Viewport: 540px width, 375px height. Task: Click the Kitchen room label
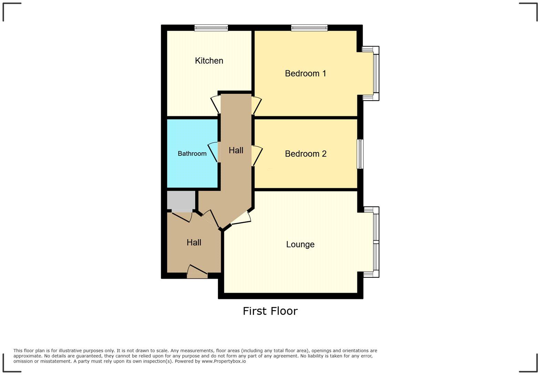pyautogui.click(x=209, y=61)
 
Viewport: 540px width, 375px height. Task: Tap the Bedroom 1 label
pyautogui.click(x=305, y=73)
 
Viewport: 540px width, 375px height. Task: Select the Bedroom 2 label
pyautogui.click(x=305, y=154)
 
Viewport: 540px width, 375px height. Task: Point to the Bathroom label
pyautogui.click(x=192, y=154)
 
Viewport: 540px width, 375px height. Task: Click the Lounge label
pyautogui.click(x=300, y=244)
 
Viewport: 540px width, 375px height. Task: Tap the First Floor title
pyautogui.click(x=270, y=311)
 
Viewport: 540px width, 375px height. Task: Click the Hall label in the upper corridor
pyautogui.click(x=236, y=150)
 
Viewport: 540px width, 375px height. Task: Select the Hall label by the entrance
pyautogui.click(x=194, y=243)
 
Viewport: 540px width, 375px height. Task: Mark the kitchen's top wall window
pyautogui.click(x=211, y=28)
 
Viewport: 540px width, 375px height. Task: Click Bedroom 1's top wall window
pyautogui.click(x=309, y=28)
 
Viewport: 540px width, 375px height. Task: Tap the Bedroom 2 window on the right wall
pyautogui.click(x=360, y=154)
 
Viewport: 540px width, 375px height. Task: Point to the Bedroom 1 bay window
pyautogui.click(x=376, y=73)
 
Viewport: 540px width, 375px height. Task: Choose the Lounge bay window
pyautogui.click(x=376, y=242)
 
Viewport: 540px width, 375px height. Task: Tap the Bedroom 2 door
pyautogui.click(x=257, y=155)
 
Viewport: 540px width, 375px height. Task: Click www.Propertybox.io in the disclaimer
pyautogui.click(x=224, y=361)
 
